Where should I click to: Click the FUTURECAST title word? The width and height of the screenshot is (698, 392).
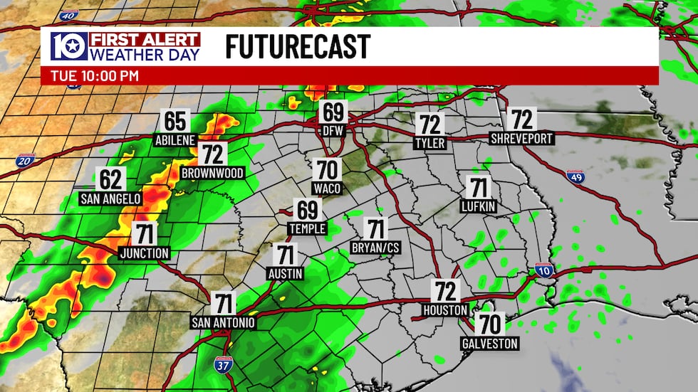298,47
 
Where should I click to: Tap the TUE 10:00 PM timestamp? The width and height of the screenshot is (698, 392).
95,75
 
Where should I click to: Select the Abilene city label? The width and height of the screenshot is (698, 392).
175,140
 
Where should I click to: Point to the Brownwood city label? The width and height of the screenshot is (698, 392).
212,173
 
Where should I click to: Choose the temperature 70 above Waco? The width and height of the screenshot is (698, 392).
327,170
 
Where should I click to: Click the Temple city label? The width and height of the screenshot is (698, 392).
307,228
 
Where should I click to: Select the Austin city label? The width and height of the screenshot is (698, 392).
286,273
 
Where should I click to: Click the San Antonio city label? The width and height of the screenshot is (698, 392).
223,322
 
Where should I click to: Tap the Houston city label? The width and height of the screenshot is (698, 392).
445,310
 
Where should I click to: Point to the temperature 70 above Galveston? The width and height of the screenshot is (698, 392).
489,324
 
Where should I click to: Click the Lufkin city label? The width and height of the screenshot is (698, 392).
478,206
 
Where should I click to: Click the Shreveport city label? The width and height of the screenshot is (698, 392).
521,139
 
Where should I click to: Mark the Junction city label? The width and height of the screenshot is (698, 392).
145,253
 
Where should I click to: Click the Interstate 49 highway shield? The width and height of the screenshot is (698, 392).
575,176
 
